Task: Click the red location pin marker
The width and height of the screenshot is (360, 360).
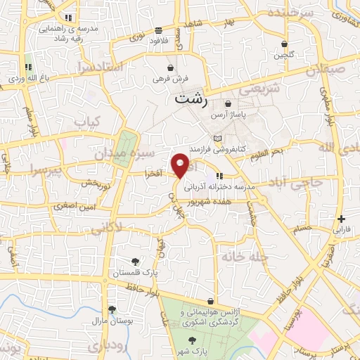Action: click(x=181, y=165)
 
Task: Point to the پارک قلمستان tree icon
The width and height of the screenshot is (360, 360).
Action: click(x=135, y=261)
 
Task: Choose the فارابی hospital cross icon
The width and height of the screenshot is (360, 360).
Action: click(x=341, y=219)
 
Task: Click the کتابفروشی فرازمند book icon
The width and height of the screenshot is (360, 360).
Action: click(x=217, y=137)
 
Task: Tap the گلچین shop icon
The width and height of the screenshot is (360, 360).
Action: click(x=283, y=43)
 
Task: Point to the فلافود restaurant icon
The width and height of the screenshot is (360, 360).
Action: click(x=158, y=30)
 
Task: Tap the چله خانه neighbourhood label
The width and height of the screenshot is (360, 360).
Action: click(x=245, y=257)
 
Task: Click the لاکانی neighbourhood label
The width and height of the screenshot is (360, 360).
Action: click(x=106, y=227)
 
